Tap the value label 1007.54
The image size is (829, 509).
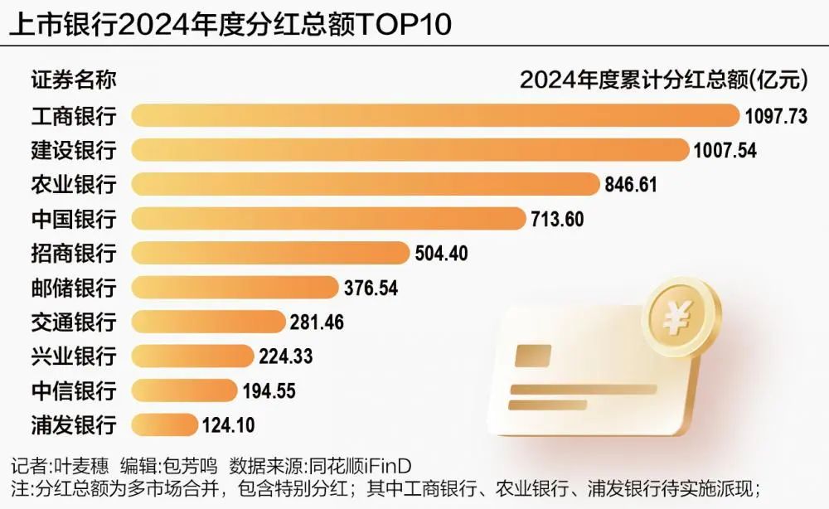click(x=726, y=150)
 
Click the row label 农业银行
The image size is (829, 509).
click(x=74, y=184)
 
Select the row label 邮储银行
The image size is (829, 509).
click(x=74, y=287)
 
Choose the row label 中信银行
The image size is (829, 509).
click(x=74, y=390)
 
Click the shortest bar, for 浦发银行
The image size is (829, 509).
click(x=164, y=424)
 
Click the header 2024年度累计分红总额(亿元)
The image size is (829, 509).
click(x=662, y=80)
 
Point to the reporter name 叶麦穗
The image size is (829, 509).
click(x=85, y=464)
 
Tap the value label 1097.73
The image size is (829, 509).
click(x=775, y=116)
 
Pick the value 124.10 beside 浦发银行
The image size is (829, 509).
click(x=228, y=424)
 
